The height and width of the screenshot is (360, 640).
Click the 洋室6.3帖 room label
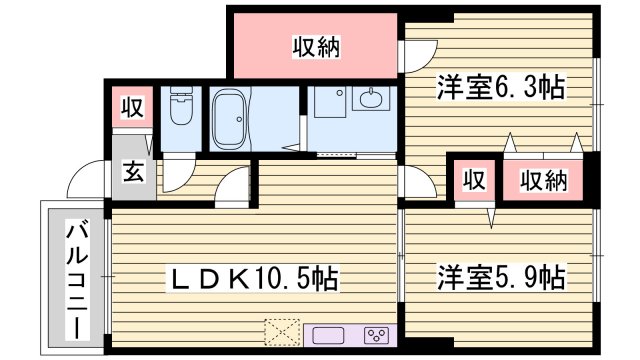click(500, 88)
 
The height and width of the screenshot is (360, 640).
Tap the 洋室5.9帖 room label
click(501, 276)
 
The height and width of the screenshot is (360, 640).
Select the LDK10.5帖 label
click(251, 276)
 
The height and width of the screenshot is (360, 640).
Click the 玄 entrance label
click(132, 170)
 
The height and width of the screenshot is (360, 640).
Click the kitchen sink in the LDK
click(330, 335)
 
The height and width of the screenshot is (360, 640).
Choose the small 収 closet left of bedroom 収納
click(474, 181)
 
